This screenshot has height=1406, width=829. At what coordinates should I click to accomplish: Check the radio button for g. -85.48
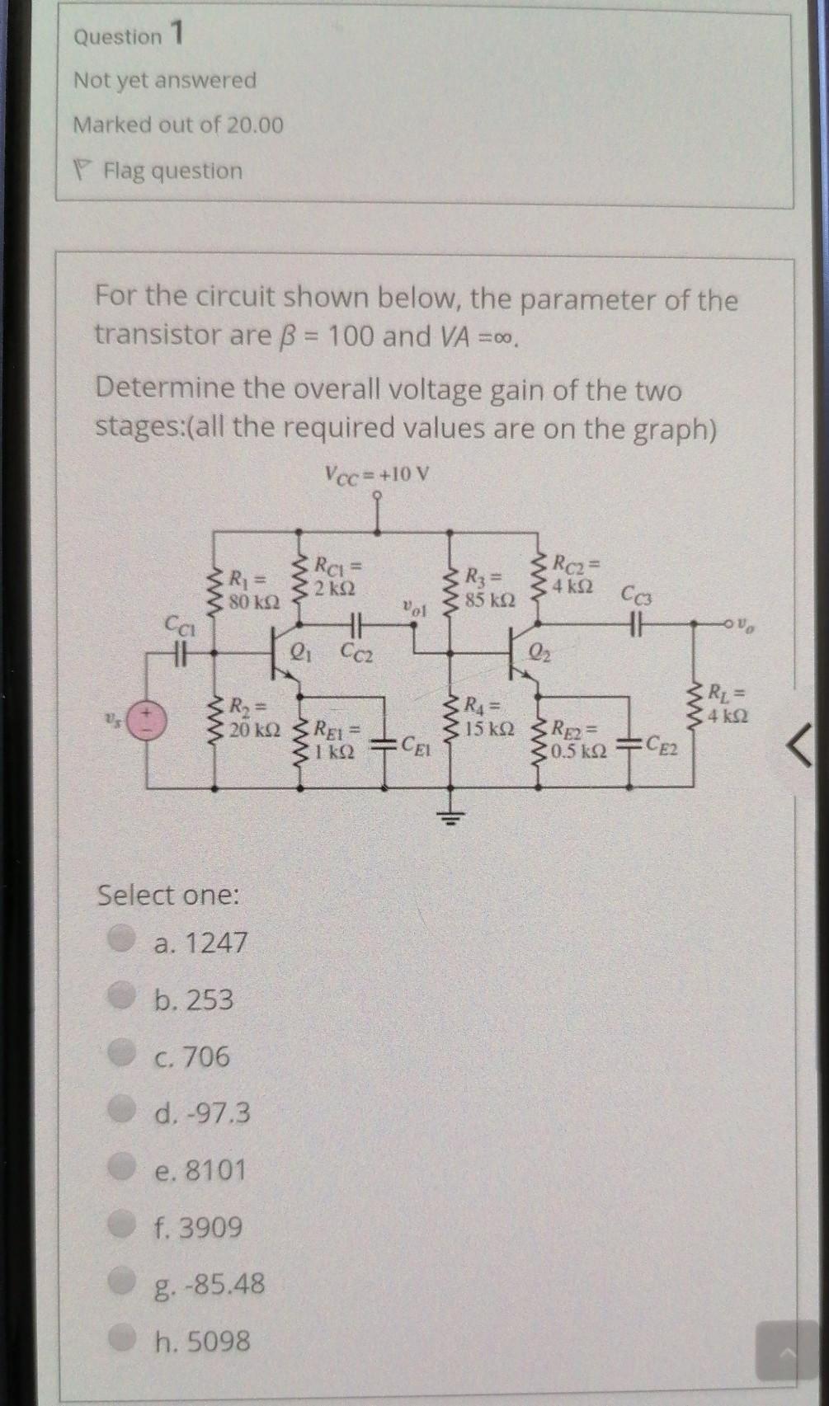pyautogui.click(x=125, y=1281)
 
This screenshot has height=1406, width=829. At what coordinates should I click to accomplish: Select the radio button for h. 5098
pyautogui.click(x=125, y=1338)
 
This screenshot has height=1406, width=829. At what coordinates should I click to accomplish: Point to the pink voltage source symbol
pyautogui.click(x=149, y=720)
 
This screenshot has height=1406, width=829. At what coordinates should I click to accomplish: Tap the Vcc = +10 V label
pyautogui.click(x=377, y=475)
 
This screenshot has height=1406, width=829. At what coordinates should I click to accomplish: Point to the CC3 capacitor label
pyautogui.click(x=637, y=594)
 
